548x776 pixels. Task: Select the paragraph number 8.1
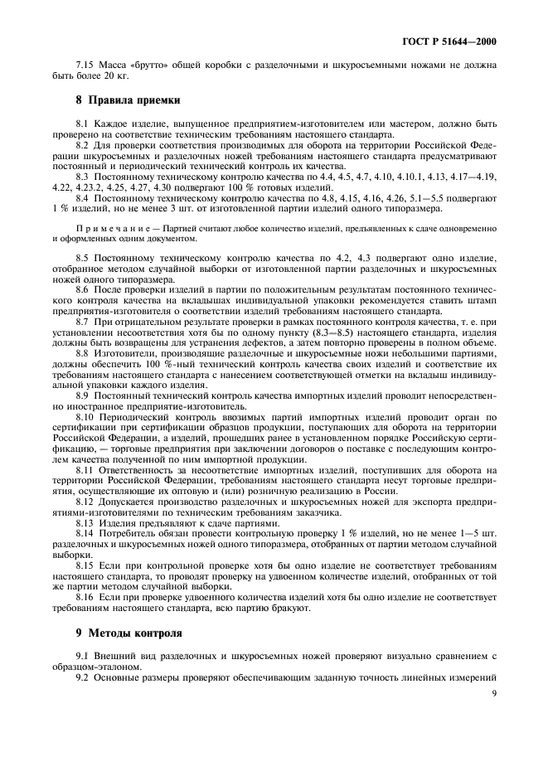(x=84, y=123)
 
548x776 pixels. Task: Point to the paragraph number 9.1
(x=84, y=656)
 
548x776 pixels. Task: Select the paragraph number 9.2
(x=84, y=678)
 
